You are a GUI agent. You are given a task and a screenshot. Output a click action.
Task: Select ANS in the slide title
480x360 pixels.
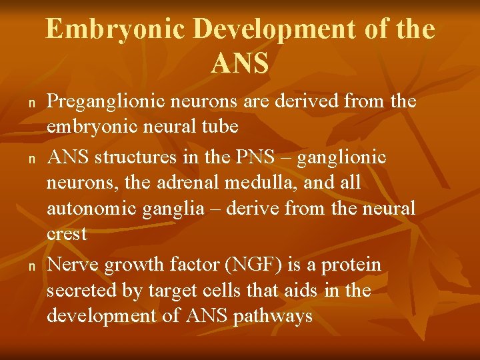pos(240,63)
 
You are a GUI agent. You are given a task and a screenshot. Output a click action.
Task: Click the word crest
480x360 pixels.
pos(67,235)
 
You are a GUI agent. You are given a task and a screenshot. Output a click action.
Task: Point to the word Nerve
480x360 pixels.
pos(73,265)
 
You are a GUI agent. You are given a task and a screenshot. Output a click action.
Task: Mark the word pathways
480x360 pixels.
pos(273,316)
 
